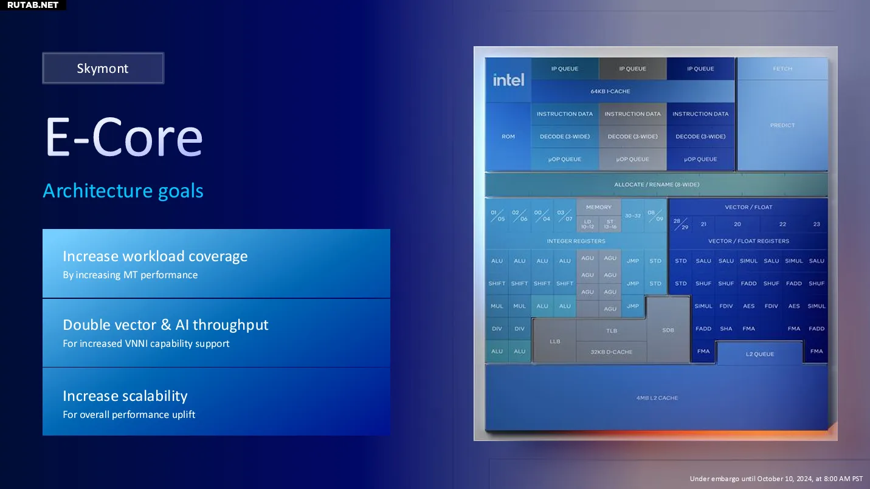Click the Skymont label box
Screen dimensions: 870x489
pyautogui.click(x=103, y=68)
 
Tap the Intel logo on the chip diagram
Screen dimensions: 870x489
pyautogui.click(x=508, y=80)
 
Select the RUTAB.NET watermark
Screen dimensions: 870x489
pyautogui.click(x=33, y=5)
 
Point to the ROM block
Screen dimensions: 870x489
pyautogui.click(x=508, y=137)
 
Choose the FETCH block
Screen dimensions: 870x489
pyautogui.click(x=782, y=69)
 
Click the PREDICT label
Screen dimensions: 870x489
pyautogui.click(x=782, y=125)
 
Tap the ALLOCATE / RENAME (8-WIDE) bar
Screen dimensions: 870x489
pyautogui.click(x=657, y=184)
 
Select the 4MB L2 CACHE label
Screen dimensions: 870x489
pyautogui.click(x=657, y=398)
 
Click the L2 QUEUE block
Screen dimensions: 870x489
pyautogui.click(x=760, y=354)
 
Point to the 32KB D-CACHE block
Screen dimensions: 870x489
pyautogui.click(x=612, y=352)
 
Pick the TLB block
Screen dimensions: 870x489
pyautogui.click(x=612, y=330)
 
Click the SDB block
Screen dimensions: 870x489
pyautogui.click(x=668, y=330)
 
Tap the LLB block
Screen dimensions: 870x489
pyautogui.click(x=554, y=341)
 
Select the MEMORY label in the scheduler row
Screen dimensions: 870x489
pyautogui.click(x=598, y=207)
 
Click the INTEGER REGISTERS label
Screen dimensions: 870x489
pyautogui.click(x=576, y=241)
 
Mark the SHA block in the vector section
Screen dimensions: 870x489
pyautogui.click(x=726, y=329)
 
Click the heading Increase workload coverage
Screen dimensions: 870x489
pyautogui.click(x=155, y=256)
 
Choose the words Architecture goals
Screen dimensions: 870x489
pyautogui.click(x=123, y=191)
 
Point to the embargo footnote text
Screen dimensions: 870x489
pyautogui.click(x=776, y=479)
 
